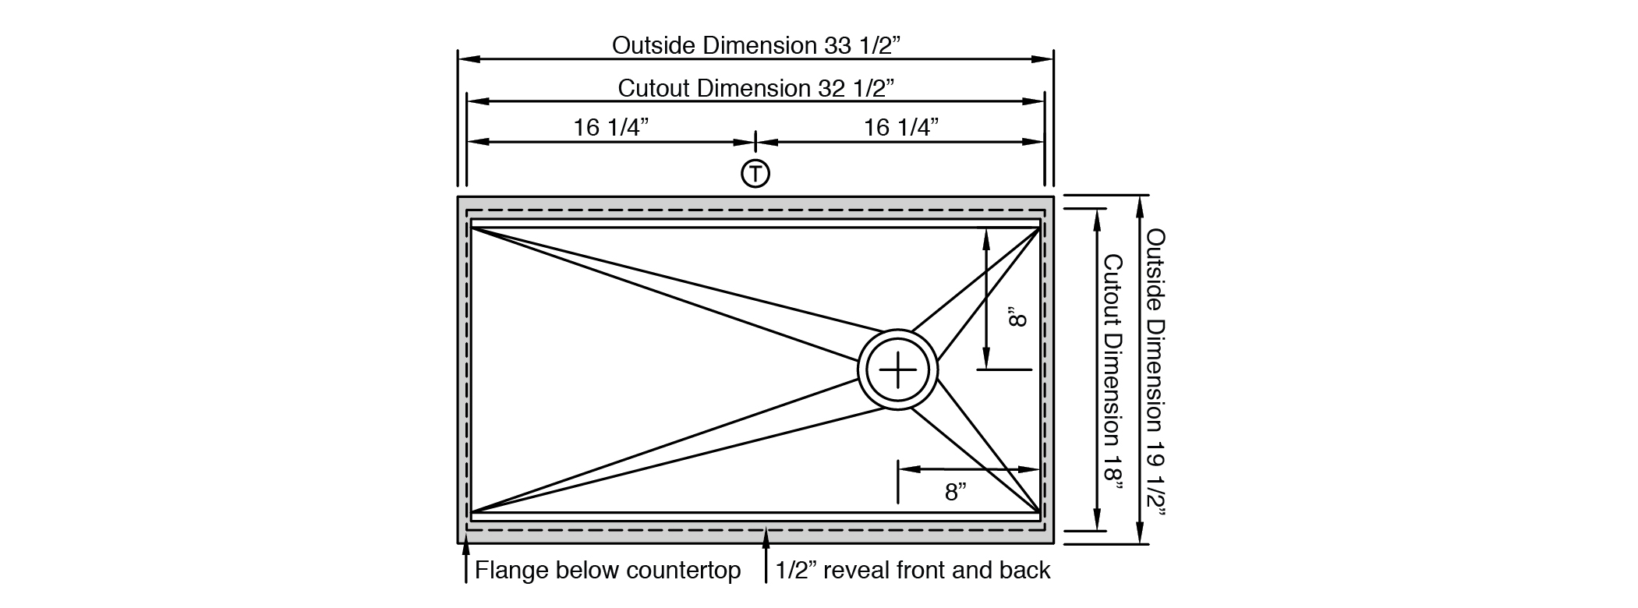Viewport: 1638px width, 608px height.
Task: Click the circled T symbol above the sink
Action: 755,174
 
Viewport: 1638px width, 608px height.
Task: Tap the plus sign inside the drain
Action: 897,369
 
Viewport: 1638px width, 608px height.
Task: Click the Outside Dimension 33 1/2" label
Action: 755,45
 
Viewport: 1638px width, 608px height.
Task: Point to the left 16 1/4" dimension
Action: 611,127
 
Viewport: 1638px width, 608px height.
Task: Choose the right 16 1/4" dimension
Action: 900,127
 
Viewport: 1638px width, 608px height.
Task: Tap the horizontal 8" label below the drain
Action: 956,492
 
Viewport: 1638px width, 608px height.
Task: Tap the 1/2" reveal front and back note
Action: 913,571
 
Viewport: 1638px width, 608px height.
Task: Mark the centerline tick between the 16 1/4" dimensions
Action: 755,142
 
